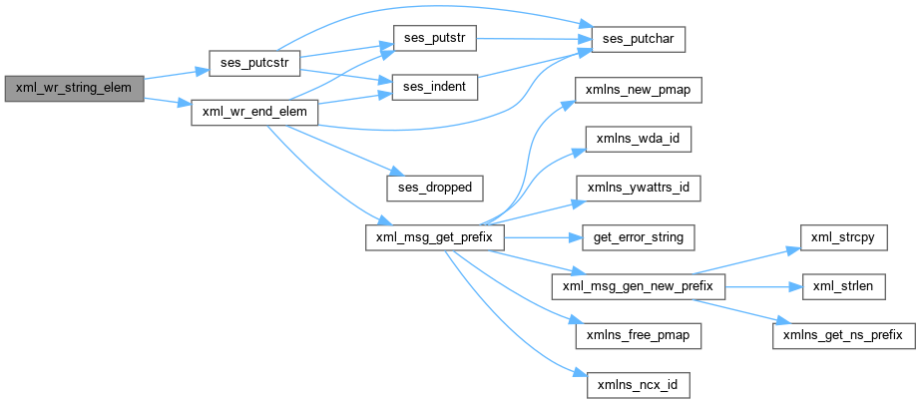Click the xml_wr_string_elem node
(74, 88)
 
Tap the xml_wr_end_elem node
(254, 112)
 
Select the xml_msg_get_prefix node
(434, 238)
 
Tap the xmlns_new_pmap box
(639, 88)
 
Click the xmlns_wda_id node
(639, 137)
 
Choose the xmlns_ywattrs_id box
(639, 186)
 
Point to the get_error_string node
(639, 238)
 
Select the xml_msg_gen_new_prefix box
(639, 287)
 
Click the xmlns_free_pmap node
(639, 336)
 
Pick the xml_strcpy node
(844, 238)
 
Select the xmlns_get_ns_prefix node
(844, 336)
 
